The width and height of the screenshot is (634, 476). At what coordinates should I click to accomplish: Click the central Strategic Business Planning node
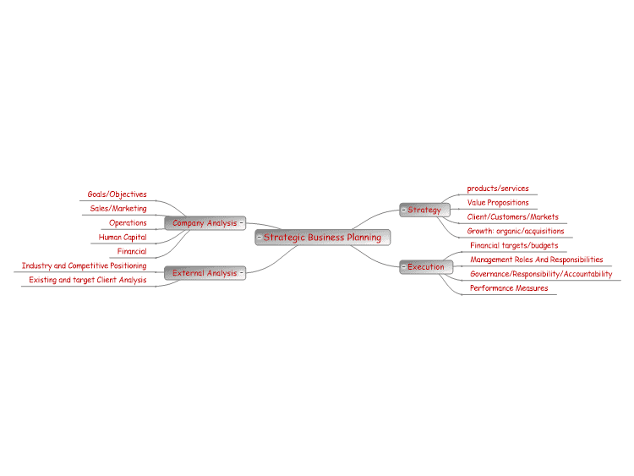pos(323,238)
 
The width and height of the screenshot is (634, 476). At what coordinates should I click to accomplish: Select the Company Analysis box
pos(205,223)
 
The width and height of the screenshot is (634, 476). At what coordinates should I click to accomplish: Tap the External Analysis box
pos(205,273)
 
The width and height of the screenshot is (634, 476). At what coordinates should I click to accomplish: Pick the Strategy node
pos(424,210)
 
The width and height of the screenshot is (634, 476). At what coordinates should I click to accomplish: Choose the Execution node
pos(426,267)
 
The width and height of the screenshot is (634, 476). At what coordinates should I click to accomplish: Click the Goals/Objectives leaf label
pos(118,194)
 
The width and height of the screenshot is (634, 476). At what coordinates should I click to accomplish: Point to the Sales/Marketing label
pos(118,209)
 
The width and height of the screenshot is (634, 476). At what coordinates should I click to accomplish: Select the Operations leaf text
pos(128,223)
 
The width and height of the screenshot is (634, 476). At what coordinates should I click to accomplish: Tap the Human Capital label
pos(123,238)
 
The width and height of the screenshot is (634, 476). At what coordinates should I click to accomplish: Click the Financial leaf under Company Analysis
pos(132,251)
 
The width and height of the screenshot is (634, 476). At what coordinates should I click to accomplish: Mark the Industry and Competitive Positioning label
pos(84,265)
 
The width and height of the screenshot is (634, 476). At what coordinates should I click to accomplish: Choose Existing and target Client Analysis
pos(88,280)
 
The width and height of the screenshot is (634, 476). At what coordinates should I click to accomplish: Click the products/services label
pos(498,189)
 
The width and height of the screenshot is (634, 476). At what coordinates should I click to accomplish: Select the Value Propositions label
pos(498,203)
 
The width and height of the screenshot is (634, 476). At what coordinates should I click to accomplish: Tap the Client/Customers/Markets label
pos(513,216)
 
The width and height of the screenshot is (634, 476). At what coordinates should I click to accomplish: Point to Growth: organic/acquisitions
pos(516,232)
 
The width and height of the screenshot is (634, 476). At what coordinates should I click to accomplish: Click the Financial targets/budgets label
pos(514,245)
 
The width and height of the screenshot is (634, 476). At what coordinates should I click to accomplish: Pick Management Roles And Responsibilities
pos(536,260)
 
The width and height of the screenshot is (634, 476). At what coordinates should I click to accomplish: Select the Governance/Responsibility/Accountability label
pos(541,274)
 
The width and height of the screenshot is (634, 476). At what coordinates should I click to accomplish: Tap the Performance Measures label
pos(509,288)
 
